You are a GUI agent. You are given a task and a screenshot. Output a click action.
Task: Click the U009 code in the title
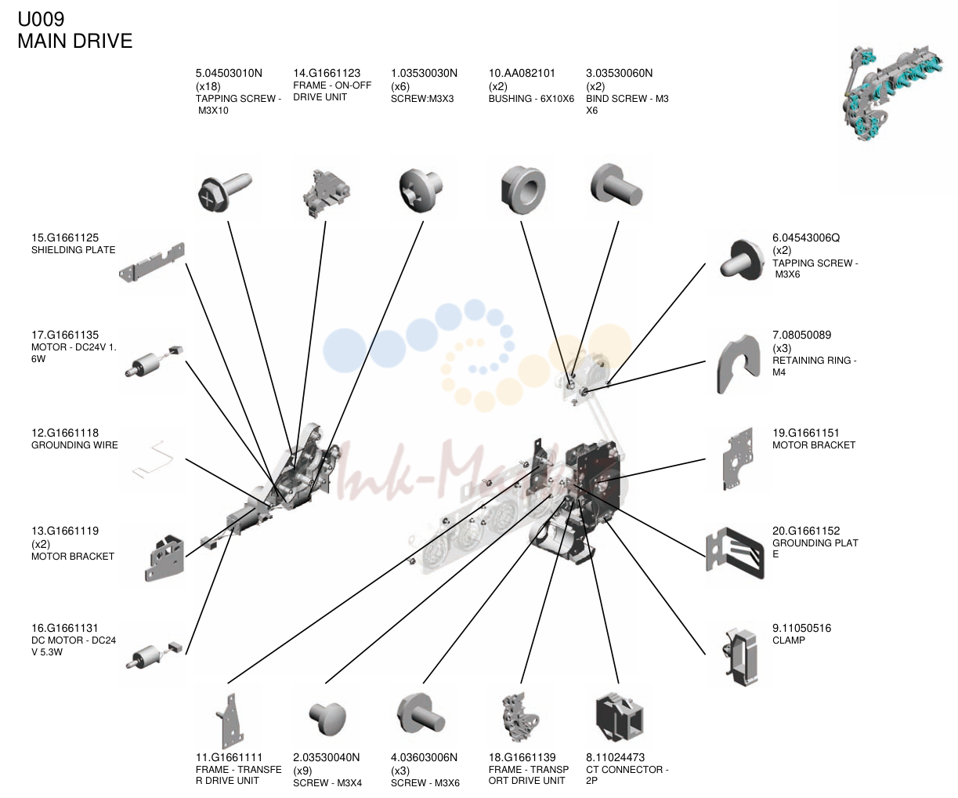point(41,20)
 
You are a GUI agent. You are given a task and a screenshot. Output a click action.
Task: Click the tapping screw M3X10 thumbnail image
point(224,192)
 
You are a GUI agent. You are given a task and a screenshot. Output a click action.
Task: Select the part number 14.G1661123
point(327,73)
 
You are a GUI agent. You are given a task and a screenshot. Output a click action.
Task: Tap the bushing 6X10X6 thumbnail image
point(522,189)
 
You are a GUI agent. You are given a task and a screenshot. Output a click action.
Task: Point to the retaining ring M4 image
point(738,364)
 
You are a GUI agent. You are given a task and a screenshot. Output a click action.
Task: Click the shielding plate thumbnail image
point(152,263)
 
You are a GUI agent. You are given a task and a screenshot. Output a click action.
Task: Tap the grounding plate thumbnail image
point(735,553)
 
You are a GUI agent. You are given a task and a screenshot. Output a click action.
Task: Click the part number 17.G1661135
point(65,336)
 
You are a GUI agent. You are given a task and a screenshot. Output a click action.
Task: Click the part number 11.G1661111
point(229,757)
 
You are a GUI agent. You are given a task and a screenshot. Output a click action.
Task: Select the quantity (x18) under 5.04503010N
point(208,86)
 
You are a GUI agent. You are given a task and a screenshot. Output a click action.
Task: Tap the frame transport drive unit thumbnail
point(521,717)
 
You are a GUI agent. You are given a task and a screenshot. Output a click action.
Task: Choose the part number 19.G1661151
point(806,433)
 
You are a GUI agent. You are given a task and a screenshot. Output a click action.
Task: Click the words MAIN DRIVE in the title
point(74,42)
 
